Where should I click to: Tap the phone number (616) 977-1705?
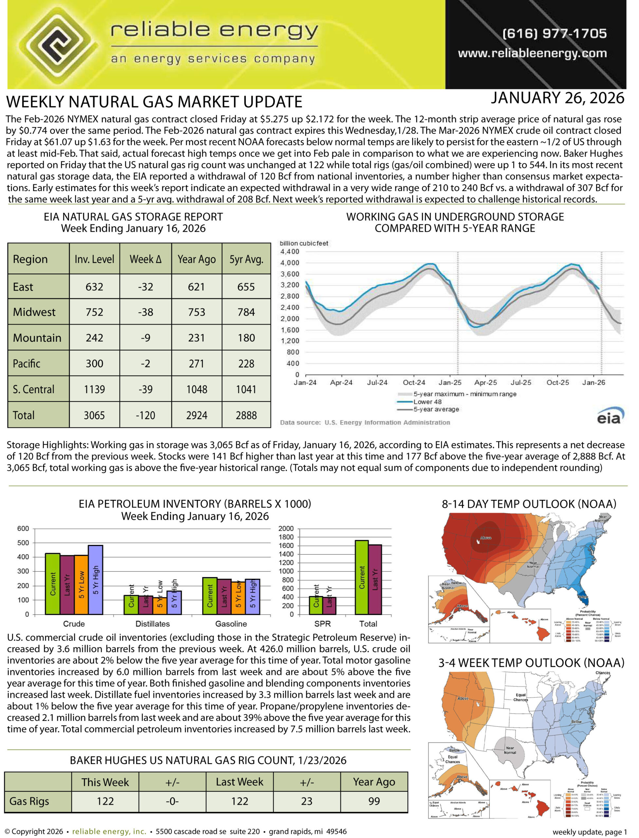[x=555, y=33]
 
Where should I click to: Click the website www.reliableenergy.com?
[x=532, y=53]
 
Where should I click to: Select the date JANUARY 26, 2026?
[x=557, y=98]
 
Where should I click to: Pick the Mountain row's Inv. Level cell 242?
[x=94, y=338]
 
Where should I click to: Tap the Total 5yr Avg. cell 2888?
[x=246, y=415]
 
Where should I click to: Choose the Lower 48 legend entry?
[x=427, y=402]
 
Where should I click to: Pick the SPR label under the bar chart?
[x=322, y=624]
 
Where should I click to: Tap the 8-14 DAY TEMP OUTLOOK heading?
[x=529, y=504]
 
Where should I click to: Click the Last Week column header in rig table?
[x=239, y=782]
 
